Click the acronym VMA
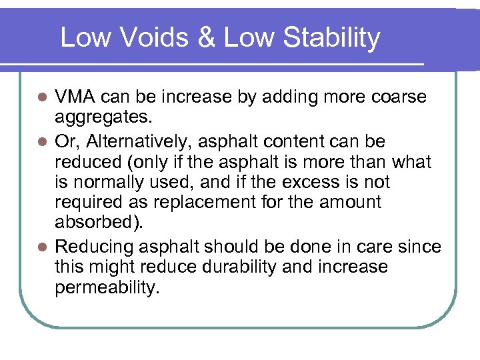[x=77, y=97]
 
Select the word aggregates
[x=103, y=118]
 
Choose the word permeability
[x=107, y=287]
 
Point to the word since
[x=421, y=247]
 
